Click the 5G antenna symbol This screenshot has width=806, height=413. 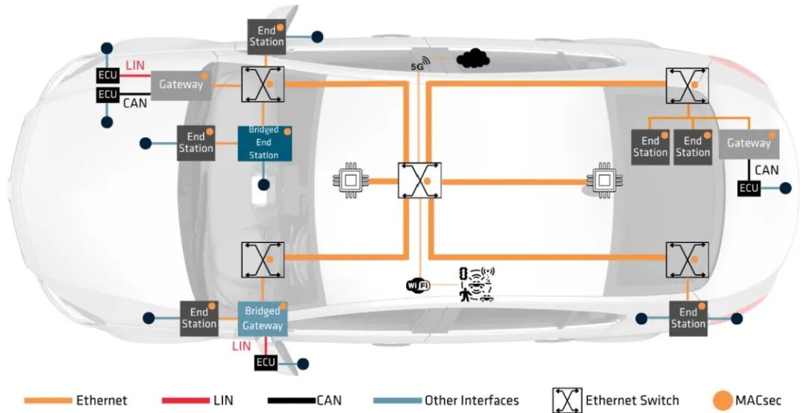coord(421,63)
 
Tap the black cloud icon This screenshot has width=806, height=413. coord(472,58)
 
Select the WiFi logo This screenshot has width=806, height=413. coord(418,285)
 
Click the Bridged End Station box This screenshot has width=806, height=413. coord(263,142)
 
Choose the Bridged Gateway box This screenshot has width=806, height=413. coord(263,318)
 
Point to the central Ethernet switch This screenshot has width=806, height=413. coord(419,180)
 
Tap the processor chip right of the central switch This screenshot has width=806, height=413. coord(603,180)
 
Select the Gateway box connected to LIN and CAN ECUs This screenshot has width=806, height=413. coord(181,84)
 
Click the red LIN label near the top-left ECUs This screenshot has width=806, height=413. coord(135,66)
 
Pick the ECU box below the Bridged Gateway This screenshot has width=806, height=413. coord(266,363)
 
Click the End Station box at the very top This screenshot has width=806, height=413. coord(266,36)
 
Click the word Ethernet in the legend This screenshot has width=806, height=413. coord(101,401)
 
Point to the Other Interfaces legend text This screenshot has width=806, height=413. coord(472,401)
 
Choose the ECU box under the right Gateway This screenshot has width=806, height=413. coord(749,189)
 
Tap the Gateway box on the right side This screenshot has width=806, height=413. coord(749,143)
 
